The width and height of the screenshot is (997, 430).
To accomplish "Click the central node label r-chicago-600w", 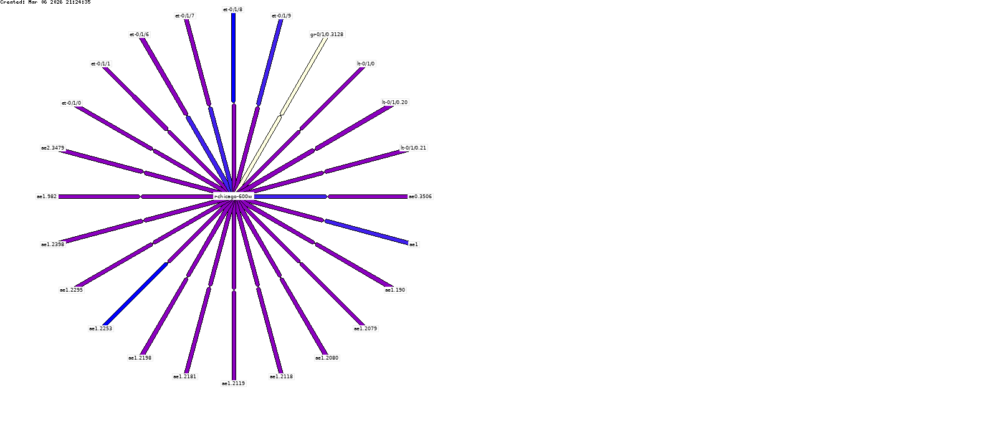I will pos(233,196).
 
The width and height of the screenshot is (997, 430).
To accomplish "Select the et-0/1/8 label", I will pos(233,9).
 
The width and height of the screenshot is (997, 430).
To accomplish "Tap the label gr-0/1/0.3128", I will pos(327,34).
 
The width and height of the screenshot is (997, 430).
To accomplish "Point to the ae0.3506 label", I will pos(420,196).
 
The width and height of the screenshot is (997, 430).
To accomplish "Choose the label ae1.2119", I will pos(233,383).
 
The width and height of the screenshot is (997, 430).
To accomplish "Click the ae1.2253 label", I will pos(100,328).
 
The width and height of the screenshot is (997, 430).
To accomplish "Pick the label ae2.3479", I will pos(52,148).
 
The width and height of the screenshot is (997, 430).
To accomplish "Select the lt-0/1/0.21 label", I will pos(414,148).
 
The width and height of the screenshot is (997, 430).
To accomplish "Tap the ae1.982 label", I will pos(47,196).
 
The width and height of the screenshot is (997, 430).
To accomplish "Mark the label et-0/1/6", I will pos(139,34).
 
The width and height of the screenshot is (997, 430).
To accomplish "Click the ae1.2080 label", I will pos(327,358).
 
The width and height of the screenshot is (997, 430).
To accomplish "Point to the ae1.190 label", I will pos(395,290).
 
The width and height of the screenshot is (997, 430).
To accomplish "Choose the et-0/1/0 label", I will pos(71,103).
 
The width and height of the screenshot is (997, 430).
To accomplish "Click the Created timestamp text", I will pos(45,2).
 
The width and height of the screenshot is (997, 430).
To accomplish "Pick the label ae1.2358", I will pos(52,244).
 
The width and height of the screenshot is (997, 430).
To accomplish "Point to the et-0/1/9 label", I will pos(281,16).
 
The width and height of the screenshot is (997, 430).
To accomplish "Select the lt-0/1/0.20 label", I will pos(395,102).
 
